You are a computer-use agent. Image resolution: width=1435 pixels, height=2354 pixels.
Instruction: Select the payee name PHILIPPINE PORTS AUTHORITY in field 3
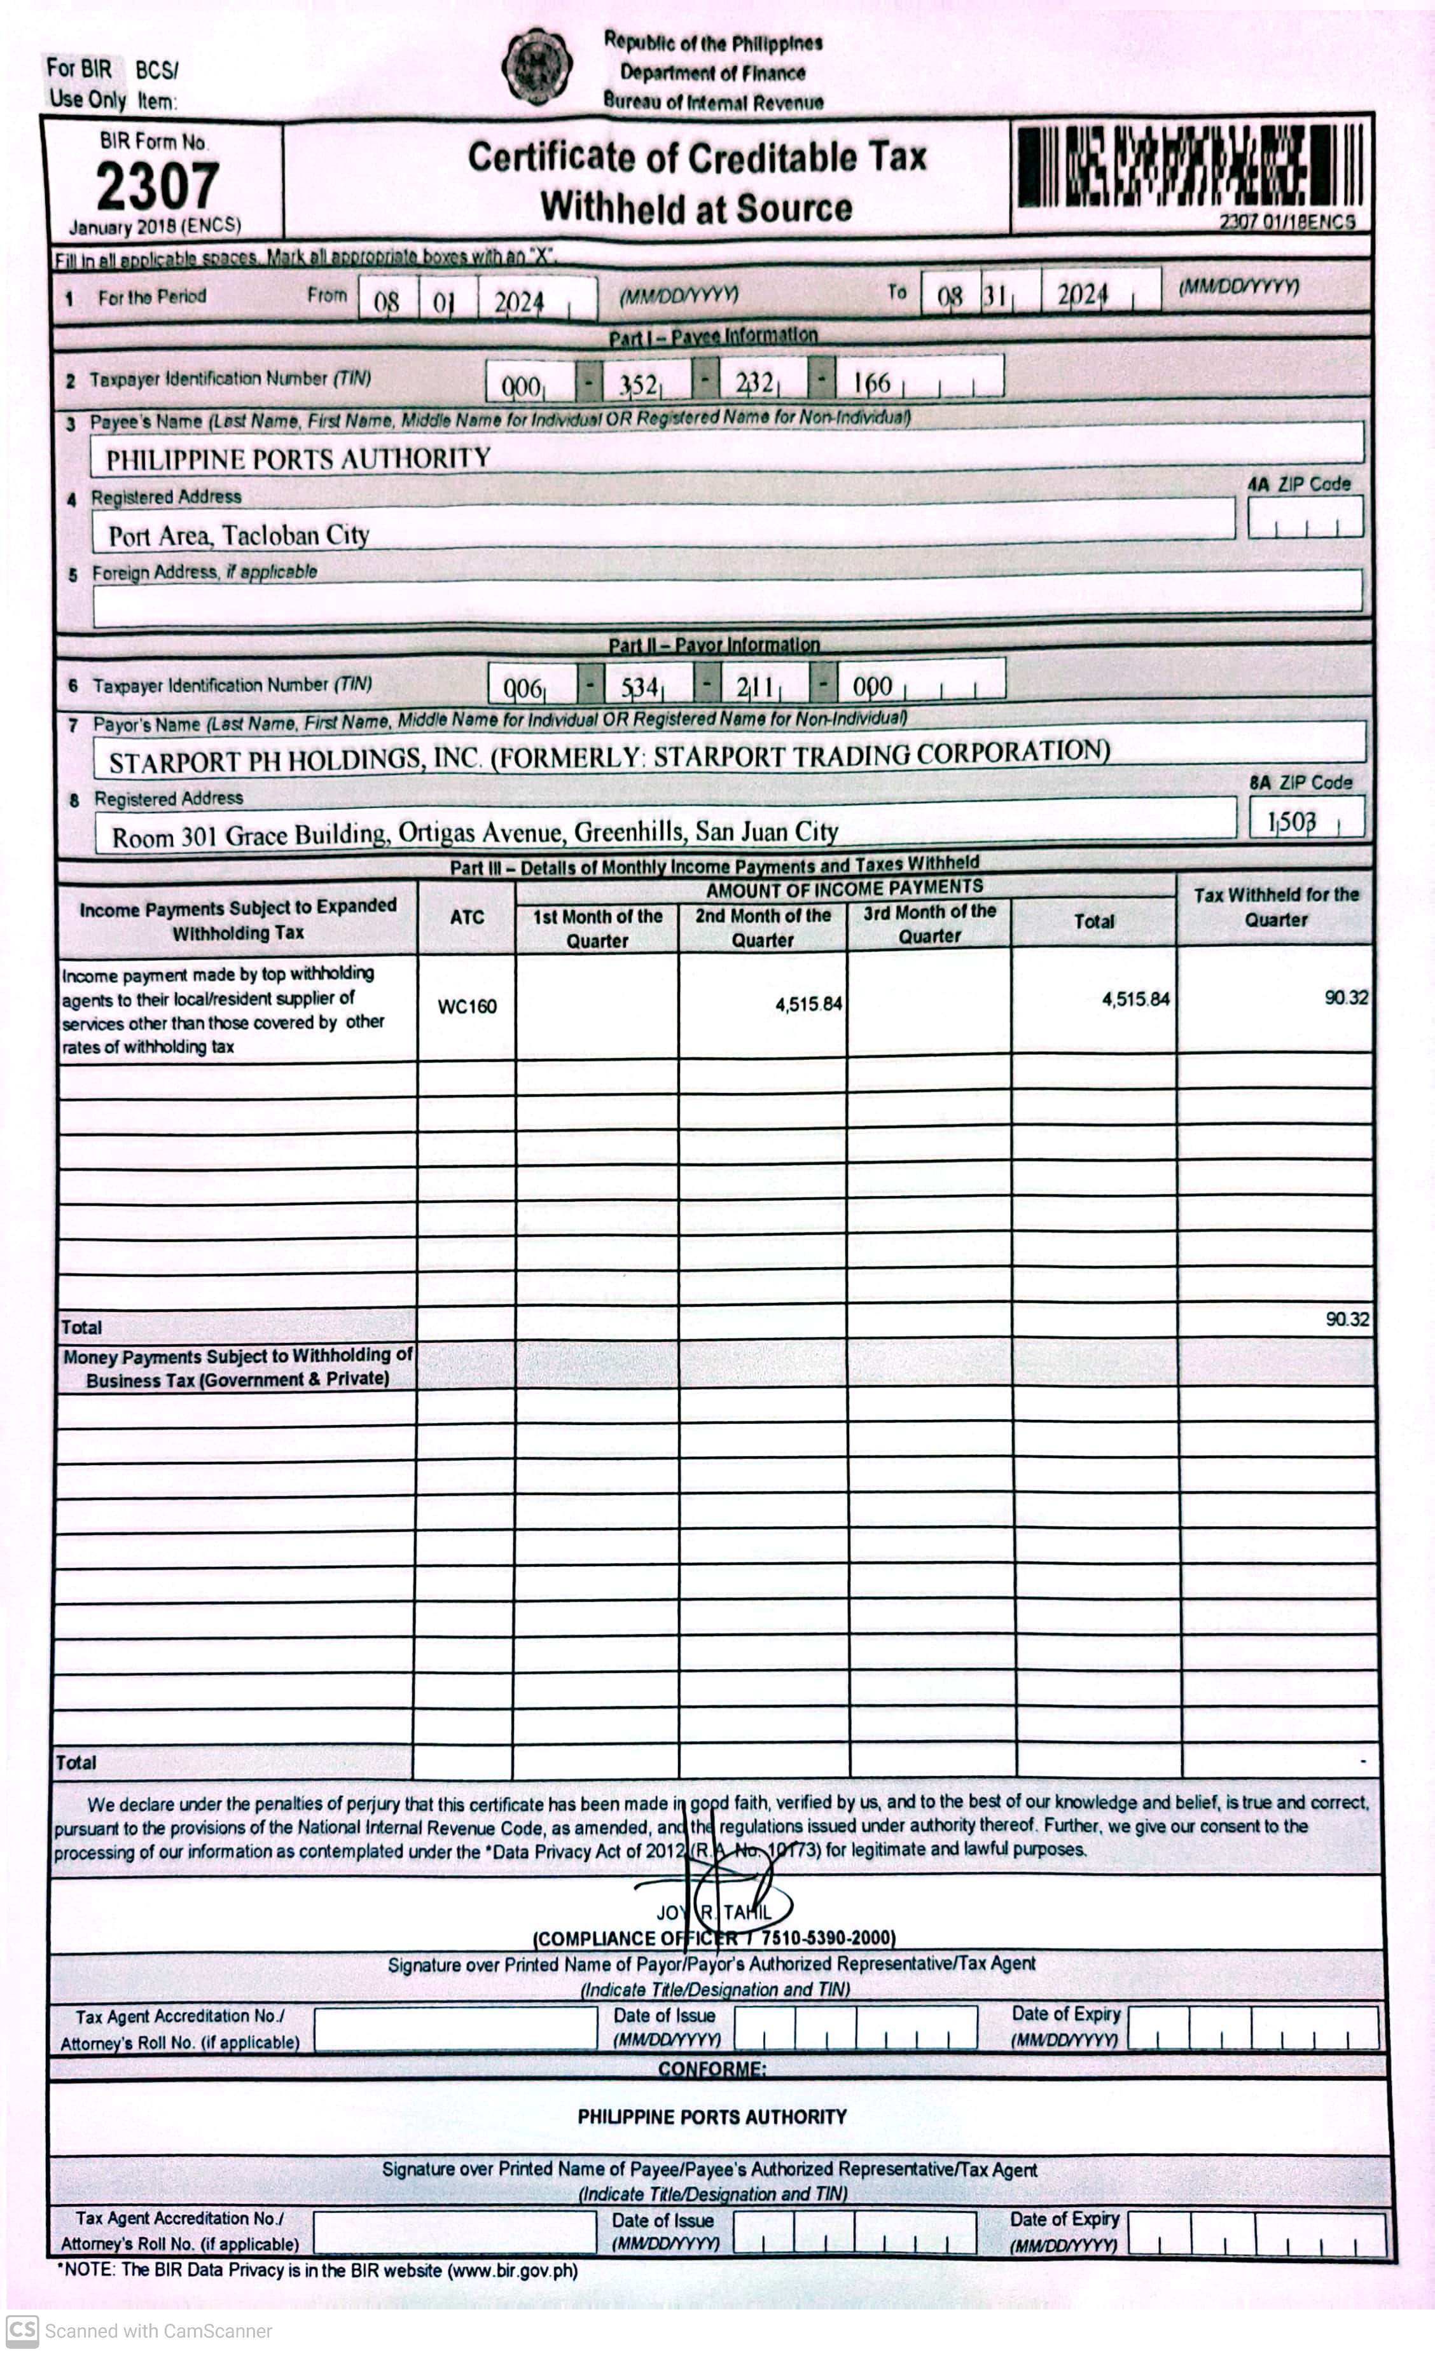click(x=298, y=458)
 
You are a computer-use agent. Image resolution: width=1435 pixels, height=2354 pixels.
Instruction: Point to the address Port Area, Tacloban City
click(x=239, y=535)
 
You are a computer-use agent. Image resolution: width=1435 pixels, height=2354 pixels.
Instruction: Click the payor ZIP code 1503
click(x=1292, y=822)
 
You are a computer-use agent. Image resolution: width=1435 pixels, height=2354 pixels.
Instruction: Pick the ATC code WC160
click(x=466, y=1006)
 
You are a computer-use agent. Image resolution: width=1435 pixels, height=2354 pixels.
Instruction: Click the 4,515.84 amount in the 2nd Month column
click(x=808, y=1003)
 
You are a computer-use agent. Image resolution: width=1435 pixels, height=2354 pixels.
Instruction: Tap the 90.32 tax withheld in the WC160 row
click(x=1345, y=998)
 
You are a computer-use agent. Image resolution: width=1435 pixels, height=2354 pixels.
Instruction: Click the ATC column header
click(x=466, y=917)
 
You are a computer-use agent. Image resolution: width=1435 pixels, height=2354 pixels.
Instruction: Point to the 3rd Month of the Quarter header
click(x=929, y=924)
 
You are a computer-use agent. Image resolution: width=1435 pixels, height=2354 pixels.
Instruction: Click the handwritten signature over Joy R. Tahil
click(x=726, y=1901)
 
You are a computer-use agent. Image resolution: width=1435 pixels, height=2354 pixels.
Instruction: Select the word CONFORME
click(x=712, y=2069)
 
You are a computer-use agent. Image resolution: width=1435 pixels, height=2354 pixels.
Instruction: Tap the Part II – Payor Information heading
click(x=714, y=644)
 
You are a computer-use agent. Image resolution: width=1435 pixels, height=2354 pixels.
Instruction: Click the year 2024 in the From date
click(x=519, y=303)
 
